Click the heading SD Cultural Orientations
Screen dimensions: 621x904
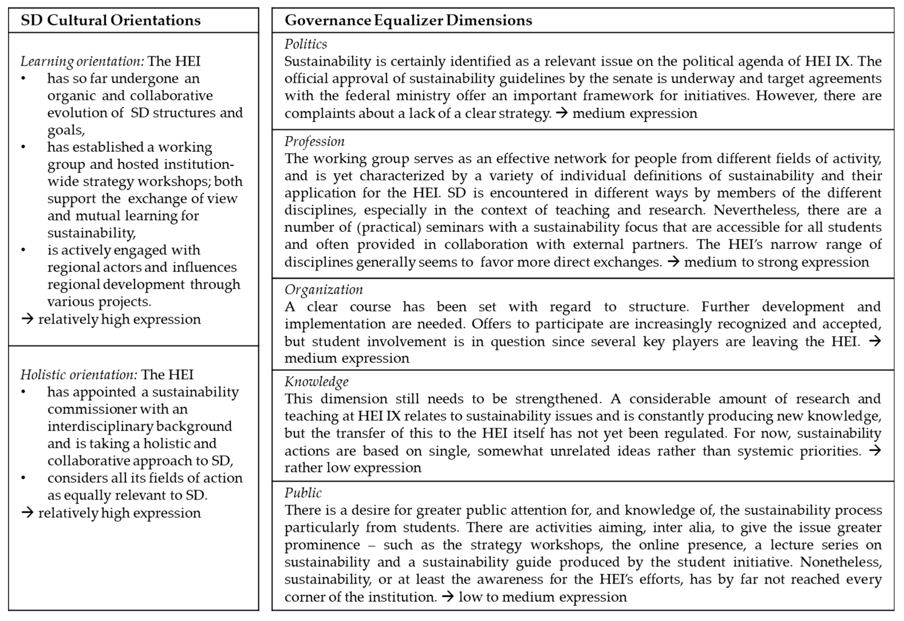click(110, 20)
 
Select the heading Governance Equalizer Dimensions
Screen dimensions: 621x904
click(408, 20)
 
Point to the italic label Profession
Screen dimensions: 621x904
click(314, 141)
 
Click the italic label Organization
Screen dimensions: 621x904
click(324, 290)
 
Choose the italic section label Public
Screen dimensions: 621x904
click(303, 493)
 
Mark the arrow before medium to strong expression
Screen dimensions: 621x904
click(673, 262)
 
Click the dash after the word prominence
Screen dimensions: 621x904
click(372, 545)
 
